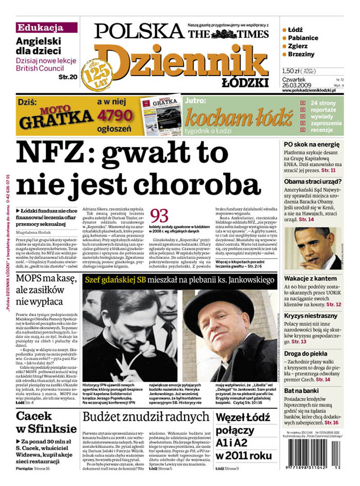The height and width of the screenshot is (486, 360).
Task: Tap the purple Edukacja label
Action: point(40,28)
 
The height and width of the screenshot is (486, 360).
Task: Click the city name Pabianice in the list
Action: point(303,38)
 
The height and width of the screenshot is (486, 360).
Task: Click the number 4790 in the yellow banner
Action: point(116,115)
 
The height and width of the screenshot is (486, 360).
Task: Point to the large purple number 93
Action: point(159,216)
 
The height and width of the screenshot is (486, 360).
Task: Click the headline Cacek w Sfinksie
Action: point(43,422)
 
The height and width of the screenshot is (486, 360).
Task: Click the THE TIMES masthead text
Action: point(210,34)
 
